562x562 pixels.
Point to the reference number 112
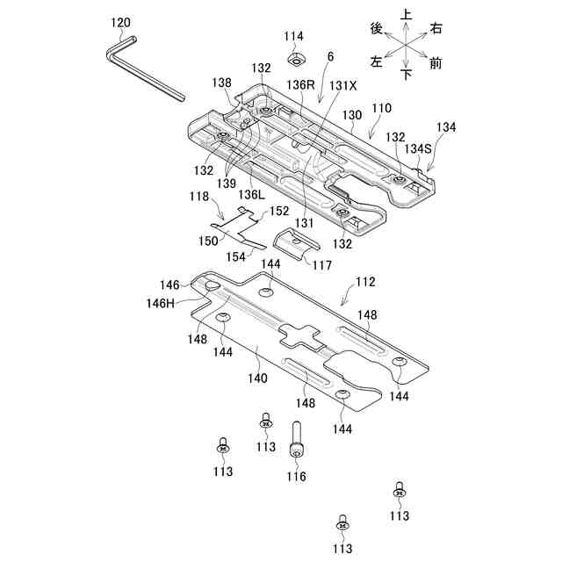tap(365, 282)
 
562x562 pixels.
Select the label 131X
tap(342, 86)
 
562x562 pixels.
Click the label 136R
tap(300, 86)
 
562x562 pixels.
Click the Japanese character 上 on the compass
tap(406, 15)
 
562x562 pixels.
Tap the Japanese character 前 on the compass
tap(436, 63)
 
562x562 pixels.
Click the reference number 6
tap(330, 57)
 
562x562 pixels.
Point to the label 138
tap(221, 83)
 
